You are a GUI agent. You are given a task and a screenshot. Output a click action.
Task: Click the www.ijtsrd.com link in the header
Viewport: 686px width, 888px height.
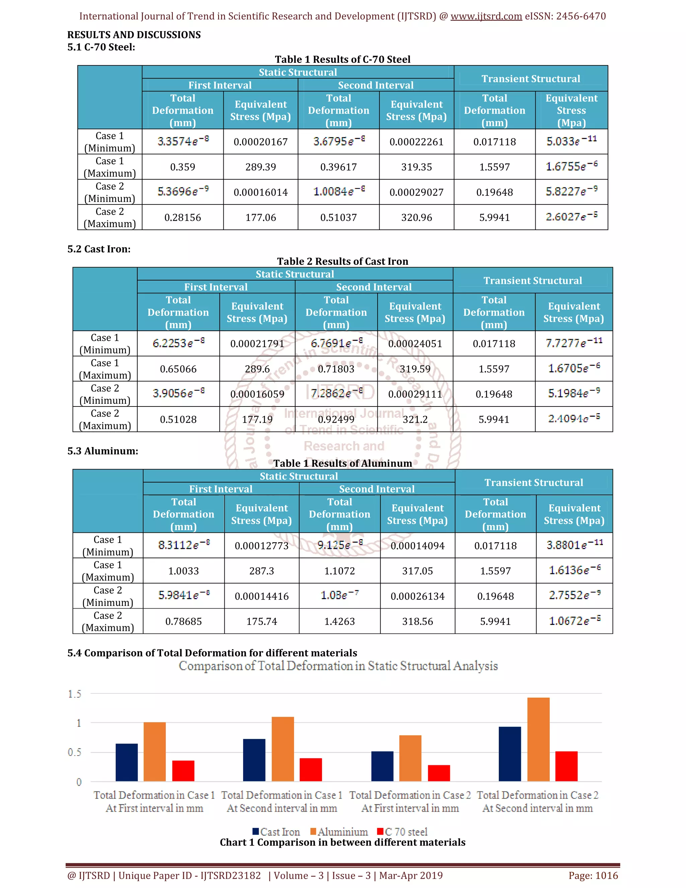(x=486, y=16)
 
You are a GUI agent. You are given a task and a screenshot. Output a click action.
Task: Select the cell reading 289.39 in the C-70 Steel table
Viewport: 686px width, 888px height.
(x=261, y=167)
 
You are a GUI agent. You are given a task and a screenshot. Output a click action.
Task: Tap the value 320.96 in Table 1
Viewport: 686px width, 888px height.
(x=417, y=217)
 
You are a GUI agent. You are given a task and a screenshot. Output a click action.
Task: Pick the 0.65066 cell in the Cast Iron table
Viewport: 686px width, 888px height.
(x=178, y=369)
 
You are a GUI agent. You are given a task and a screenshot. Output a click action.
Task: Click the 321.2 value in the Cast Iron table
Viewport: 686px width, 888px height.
(x=415, y=420)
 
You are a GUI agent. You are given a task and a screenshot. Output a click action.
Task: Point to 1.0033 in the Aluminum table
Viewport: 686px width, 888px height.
(x=183, y=571)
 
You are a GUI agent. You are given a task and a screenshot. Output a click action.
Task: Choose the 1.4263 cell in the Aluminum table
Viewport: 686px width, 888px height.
(x=339, y=622)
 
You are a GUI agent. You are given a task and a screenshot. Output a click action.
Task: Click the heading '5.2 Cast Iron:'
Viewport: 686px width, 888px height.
(x=99, y=249)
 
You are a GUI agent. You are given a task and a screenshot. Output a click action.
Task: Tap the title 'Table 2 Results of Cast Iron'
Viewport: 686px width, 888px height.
(x=343, y=261)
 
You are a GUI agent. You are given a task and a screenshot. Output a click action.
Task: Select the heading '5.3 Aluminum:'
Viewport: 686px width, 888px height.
(x=102, y=451)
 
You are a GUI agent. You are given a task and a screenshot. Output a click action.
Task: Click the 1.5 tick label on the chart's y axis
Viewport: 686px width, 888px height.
(x=74, y=694)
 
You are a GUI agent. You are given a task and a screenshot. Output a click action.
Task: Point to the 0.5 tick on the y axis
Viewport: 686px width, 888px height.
(x=74, y=753)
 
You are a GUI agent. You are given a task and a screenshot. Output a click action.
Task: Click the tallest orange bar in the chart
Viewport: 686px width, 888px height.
(x=538, y=740)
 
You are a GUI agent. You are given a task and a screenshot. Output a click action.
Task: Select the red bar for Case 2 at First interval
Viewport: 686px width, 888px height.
(x=438, y=773)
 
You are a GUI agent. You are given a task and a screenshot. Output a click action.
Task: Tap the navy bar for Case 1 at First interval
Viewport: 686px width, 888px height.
(x=126, y=762)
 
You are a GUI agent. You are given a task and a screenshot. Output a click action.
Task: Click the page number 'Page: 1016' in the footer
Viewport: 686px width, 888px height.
(x=593, y=875)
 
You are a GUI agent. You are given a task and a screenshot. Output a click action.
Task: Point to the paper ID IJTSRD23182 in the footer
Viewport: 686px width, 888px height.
(x=230, y=875)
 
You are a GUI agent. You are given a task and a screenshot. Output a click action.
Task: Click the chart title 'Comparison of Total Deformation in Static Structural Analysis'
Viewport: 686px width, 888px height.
(x=338, y=666)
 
